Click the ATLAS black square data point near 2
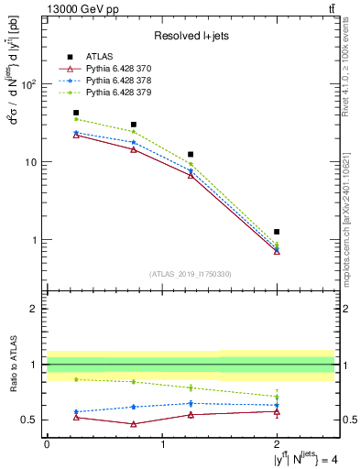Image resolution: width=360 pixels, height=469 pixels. [x=277, y=232]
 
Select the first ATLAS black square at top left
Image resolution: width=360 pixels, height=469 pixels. [x=76, y=113]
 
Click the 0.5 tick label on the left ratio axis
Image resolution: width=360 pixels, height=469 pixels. [x=27, y=420]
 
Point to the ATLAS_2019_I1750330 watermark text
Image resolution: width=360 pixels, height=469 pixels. [x=191, y=274]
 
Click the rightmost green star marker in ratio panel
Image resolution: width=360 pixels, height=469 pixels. [x=277, y=397]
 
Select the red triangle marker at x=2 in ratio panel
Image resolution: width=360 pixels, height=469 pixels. [x=277, y=411]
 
